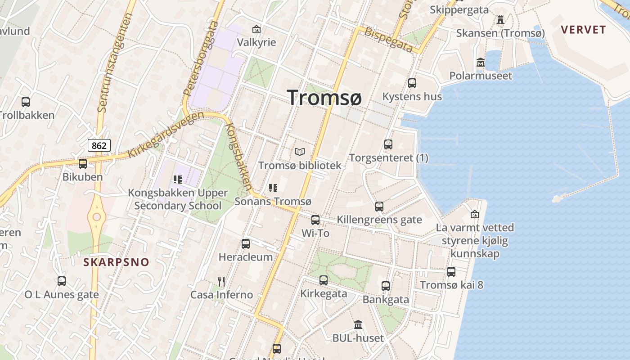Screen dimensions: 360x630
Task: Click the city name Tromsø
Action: (x=324, y=97)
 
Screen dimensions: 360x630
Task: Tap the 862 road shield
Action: (x=99, y=145)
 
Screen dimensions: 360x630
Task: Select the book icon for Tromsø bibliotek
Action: (x=300, y=152)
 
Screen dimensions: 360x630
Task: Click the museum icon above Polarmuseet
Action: (x=481, y=63)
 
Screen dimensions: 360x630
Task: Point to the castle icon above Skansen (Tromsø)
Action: (x=500, y=20)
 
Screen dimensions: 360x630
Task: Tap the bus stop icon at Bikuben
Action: (x=82, y=164)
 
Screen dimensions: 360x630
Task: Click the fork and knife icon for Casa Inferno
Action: (x=221, y=282)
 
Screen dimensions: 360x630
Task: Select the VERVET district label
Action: (x=584, y=30)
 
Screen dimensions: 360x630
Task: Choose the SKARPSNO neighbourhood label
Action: (x=116, y=262)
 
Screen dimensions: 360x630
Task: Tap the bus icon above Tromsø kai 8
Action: (x=451, y=272)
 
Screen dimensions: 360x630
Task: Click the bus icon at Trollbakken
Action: (x=26, y=102)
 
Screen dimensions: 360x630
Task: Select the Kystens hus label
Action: (x=412, y=96)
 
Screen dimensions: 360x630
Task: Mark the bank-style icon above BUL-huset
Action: (x=358, y=324)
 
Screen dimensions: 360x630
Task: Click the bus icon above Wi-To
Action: (x=315, y=220)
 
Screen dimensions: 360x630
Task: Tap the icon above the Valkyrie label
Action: (x=256, y=30)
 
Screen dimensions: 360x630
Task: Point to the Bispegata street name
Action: (x=388, y=40)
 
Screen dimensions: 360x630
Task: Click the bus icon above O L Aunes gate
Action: (x=62, y=281)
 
